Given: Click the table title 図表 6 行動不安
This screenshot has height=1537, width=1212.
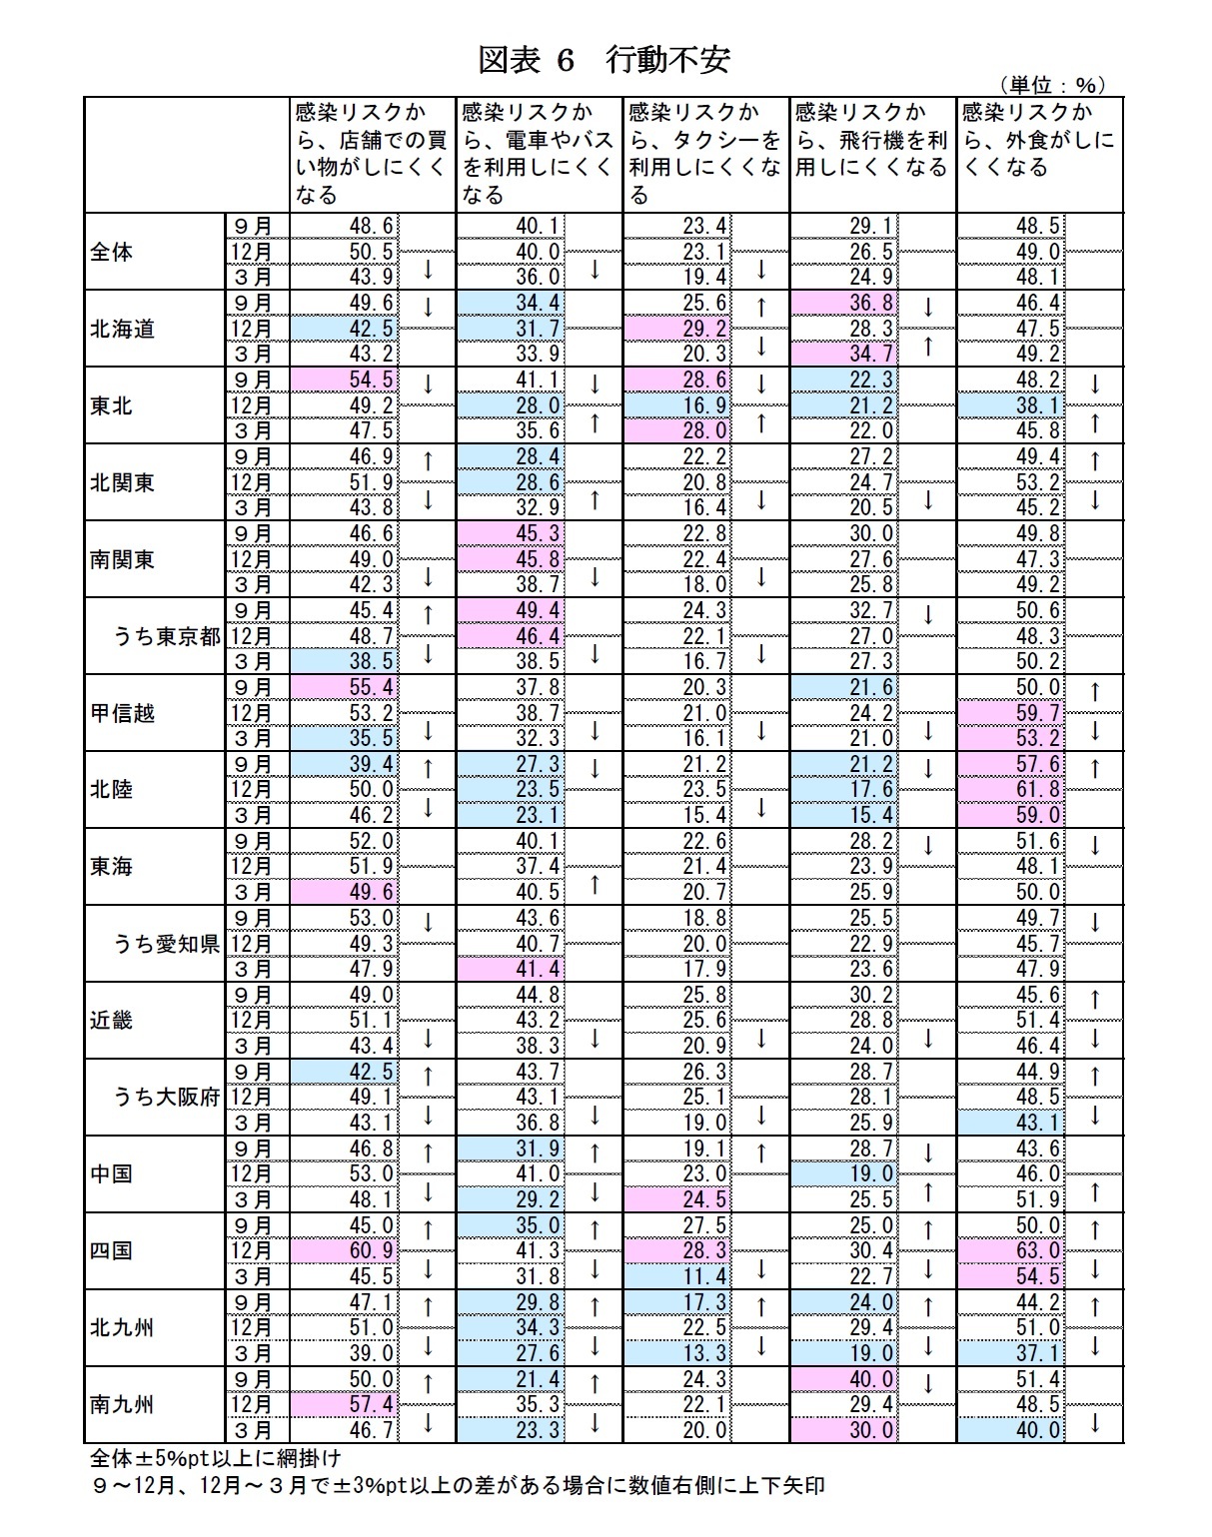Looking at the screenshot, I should [x=605, y=60].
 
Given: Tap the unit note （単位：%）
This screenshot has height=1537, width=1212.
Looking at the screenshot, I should [x=1048, y=86].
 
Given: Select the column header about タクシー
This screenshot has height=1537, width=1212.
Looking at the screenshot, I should [x=705, y=153].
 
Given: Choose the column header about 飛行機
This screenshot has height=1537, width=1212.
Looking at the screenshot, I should [x=872, y=140].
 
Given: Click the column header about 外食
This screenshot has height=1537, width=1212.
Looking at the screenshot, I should [x=1039, y=140].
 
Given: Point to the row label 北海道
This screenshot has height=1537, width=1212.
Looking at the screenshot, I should [x=123, y=329].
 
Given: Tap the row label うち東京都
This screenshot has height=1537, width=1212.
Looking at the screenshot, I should [x=166, y=636].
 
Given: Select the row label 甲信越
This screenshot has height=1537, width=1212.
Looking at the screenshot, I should [x=123, y=713].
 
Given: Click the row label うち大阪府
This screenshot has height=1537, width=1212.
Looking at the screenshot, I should [x=166, y=1097].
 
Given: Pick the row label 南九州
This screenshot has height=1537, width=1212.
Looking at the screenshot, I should [x=123, y=1404].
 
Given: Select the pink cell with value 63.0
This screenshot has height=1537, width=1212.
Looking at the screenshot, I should [x=1040, y=1250].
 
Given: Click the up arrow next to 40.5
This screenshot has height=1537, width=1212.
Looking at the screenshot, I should [x=595, y=884].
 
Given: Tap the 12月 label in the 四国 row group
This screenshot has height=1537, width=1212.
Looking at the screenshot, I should [x=250, y=1250].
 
